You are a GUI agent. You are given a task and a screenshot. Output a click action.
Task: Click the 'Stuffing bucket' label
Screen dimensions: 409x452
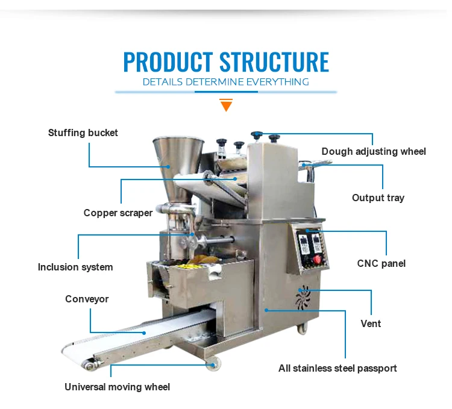(x=83, y=133)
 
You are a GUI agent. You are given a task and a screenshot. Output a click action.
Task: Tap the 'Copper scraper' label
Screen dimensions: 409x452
(x=118, y=213)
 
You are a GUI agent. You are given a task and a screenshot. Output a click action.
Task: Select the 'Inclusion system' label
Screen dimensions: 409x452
(x=75, y=267)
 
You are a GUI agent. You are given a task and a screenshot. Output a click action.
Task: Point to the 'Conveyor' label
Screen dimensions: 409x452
(x=87, y=299)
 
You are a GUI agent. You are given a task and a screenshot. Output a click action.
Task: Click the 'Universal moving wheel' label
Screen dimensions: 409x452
(x=118, y=387)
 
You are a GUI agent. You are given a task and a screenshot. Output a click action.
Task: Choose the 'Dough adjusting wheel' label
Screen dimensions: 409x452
(x=374, y=151)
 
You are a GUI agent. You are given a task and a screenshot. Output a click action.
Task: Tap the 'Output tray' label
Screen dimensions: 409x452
(x=378, y=198)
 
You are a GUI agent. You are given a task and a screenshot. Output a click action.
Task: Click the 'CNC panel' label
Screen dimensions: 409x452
(x=381, y=263)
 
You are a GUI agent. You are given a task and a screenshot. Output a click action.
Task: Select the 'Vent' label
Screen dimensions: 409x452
(x=371, y=323)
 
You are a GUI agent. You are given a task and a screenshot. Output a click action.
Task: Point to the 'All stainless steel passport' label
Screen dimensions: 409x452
(x=337, y=368)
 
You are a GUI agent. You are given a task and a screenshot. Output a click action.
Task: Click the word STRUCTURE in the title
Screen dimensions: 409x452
(x=274, y=63)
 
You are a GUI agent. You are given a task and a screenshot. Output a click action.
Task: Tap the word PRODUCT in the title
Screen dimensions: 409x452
(x=168, y=63)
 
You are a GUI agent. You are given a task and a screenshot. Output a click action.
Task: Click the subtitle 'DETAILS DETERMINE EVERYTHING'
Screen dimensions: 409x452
(x=226, y=82)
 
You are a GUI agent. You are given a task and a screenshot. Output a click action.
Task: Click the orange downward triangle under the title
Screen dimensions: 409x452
(x=226, y=106)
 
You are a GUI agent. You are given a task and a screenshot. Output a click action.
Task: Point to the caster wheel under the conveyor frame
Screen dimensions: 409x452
(x=212, y=363)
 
